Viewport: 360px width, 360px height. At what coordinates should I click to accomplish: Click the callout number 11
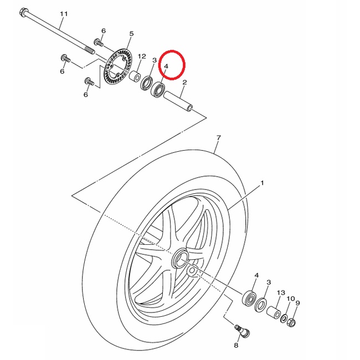click(64, 14)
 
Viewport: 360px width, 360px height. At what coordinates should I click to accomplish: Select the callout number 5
click(131, 34)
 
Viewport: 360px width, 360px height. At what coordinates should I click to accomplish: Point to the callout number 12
click(142, 56)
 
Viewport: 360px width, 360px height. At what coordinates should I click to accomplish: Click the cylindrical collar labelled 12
click(135, 76)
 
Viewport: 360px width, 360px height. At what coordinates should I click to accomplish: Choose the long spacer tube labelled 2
click(178, 101)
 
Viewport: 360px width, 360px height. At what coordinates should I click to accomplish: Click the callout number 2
click(184, 82)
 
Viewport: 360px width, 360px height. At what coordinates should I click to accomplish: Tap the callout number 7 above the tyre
click(219, 138)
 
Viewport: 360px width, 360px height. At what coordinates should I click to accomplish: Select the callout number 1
click(262, 183)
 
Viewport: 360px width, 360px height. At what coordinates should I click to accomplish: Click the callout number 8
click(236, 345)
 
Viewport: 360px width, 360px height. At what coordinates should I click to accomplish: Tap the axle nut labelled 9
click(291, 322)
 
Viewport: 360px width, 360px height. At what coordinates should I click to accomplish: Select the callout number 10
click(291, 299)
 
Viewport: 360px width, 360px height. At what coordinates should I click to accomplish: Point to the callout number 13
click(281, 293)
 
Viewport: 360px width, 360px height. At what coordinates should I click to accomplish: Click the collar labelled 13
click(274, 312)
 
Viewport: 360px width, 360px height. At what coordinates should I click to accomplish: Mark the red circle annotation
click(172, 64)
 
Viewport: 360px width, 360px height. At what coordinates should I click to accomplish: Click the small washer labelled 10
click(284, 318)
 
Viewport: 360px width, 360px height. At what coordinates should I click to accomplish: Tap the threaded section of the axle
click(90, 50)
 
